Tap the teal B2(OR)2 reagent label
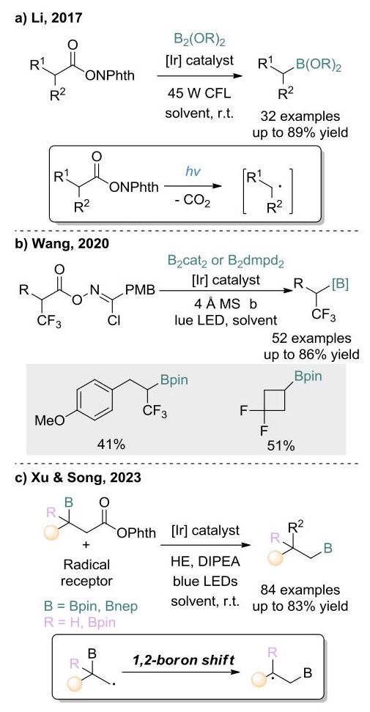[x=200, y=41]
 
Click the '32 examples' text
[x=300, y=116]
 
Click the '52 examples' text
[x=311, y=338]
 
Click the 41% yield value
[x=111, y=445]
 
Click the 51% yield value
[x=281, y=446]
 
